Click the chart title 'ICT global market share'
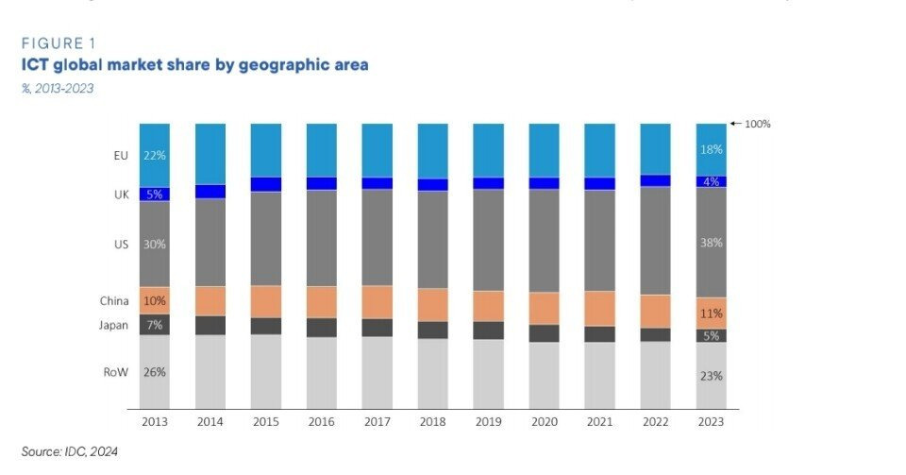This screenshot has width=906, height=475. pyautogui.click(x=194, y=65)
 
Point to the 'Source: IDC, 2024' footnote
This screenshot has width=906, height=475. pyautogui.click(x=70, y=451)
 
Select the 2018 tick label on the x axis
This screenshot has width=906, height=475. pyautogui.click(x=432, y=422)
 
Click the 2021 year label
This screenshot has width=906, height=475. pyautogui.click(x=599, y=422)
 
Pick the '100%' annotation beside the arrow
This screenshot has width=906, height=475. pyautogui.click(x=758, y=124)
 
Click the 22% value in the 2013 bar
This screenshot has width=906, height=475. pyautogui.click(x=155, y=155)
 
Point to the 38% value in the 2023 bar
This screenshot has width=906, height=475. pyautogui.click(x=711, y=243)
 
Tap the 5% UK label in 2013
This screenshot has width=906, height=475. pyautogui.click(x=155, y=195)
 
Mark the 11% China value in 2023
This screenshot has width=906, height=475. pyautogui.click(x=711, y=314)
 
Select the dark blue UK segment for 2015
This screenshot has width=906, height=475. pyautogui.click(x=266, y=184)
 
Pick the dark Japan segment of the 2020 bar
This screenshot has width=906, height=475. pyautogui.click(x=545, y=333)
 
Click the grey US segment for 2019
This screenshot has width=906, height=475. pyautogui.click(x=489, y=240)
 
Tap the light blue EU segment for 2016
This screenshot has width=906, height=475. pyautogui.click(x=322, y=150)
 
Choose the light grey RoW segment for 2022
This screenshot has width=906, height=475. pyautogui.click(x=655, y=375)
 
